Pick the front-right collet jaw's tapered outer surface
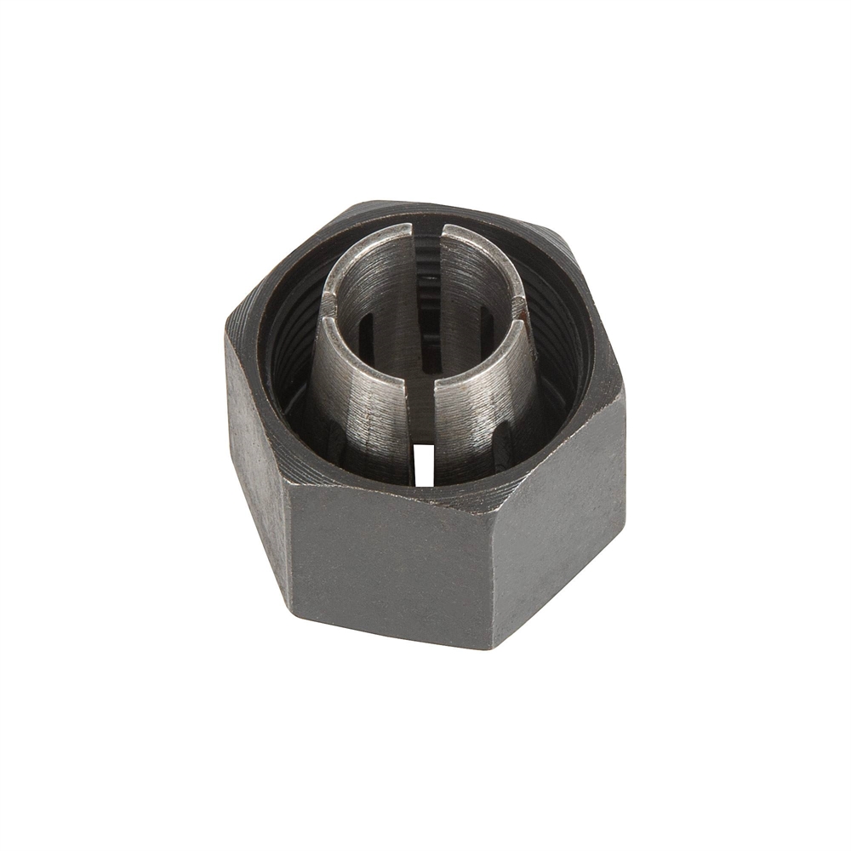pos(485,408)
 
